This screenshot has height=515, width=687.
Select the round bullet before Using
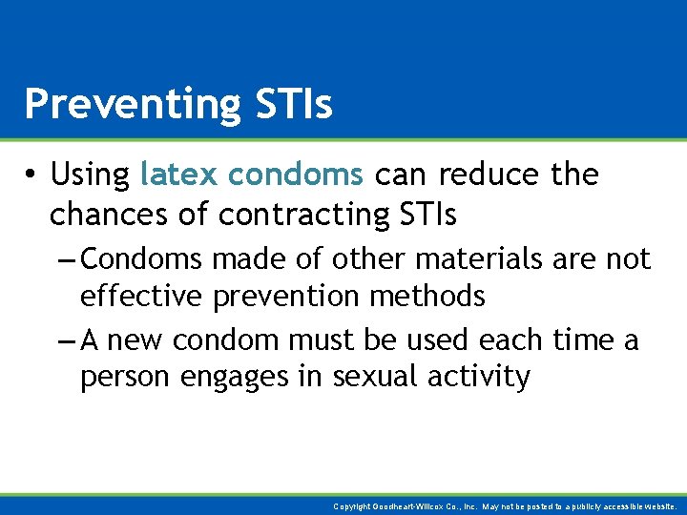pos(31,175)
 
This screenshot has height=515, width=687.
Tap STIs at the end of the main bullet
pos(425,215)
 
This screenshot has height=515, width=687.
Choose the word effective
pos(140,297)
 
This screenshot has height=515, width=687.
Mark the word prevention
pos(286,297)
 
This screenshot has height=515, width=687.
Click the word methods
pos(427,297)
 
